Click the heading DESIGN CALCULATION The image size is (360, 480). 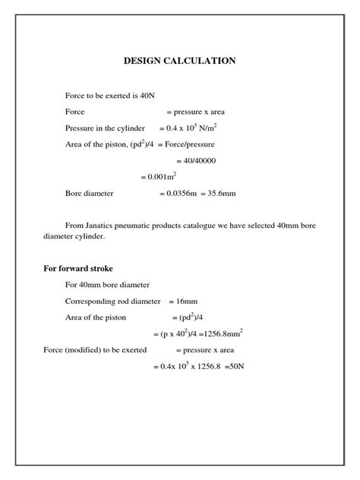pos(179,61)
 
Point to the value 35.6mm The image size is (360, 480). pos(222,194)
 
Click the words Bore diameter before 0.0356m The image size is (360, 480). pos(89,194)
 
